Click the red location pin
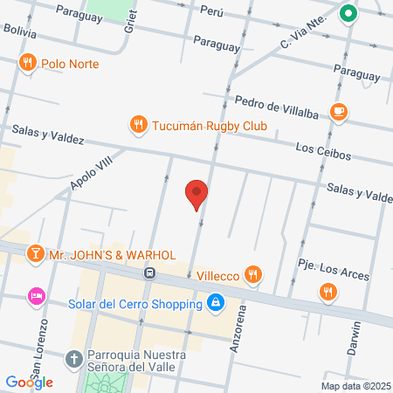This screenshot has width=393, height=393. point(197,194)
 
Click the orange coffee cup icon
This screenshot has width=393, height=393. point(339,111)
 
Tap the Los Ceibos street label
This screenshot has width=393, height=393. point(322,153)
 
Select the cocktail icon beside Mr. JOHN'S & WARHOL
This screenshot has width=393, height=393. point(35,254)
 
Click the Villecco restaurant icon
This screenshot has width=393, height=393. point(253,275)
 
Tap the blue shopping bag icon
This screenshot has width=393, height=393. point(215,304)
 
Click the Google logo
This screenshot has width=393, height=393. point(30,382)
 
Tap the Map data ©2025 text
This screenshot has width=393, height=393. point(355,385)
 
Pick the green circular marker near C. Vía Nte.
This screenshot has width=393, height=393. point(348,13)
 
